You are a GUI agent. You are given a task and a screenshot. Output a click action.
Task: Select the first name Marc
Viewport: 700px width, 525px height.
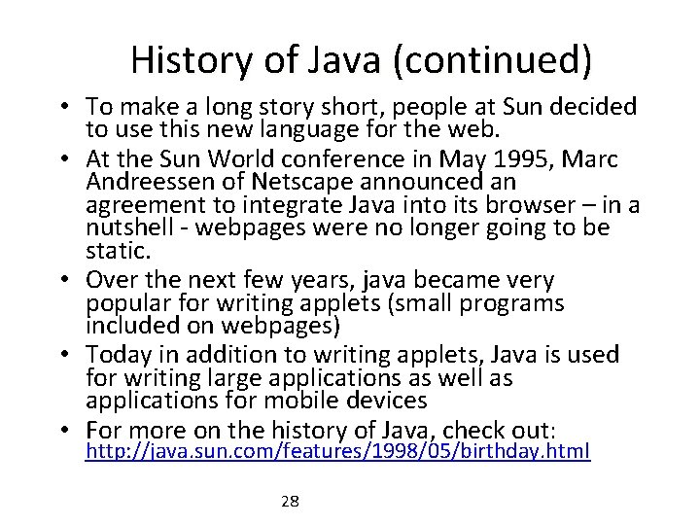[614, 159]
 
